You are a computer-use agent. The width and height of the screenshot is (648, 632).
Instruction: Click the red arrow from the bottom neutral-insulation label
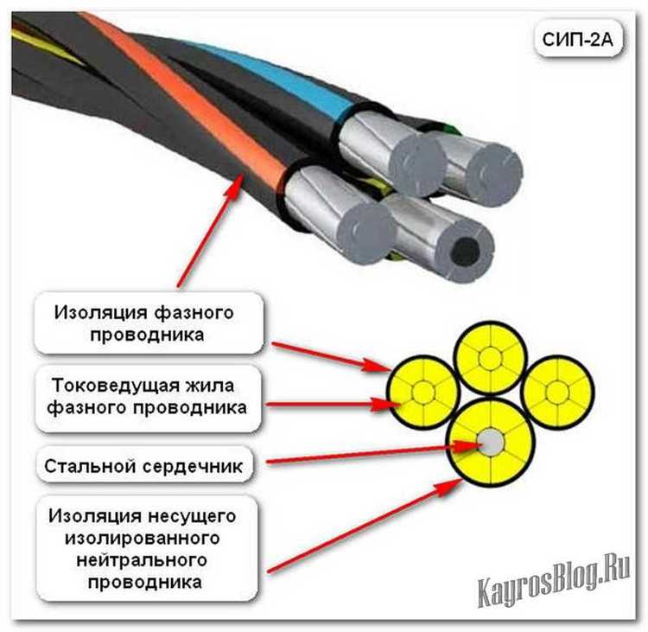[363, 527]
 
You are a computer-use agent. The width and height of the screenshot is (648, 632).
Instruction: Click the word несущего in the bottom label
[195, 516]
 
